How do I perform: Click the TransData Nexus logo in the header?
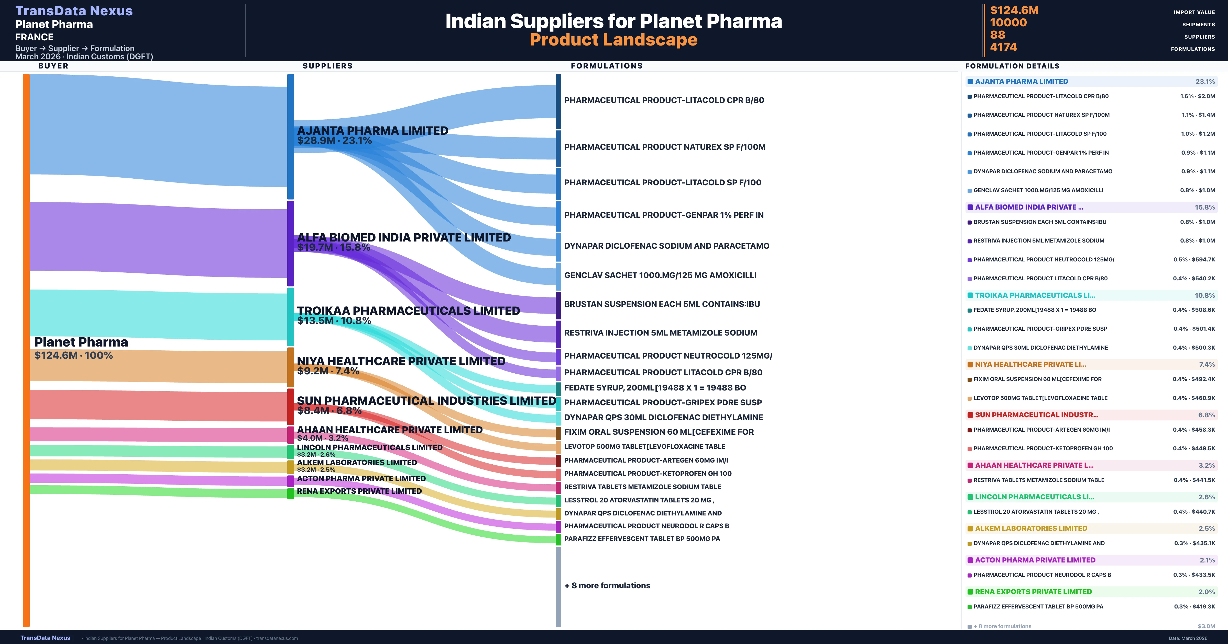pyautogui.click(x=74, y=11)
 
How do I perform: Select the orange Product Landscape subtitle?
pyautogui.click(x=613, y=40)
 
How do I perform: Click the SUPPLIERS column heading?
pyautogui.click(x=327, y=66)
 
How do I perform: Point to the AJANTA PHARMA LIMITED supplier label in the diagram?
pyautogui.click(x=372, y=131)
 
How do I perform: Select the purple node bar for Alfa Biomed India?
pyautogui.click(x=290, y=243)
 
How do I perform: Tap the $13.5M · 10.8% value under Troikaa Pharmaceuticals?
pyautogui.click(x=334, y=320)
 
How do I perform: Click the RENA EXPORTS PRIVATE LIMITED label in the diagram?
pyautogui.click(x=359, y=491)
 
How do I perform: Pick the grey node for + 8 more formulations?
pyautogui.click(x=558, y=586)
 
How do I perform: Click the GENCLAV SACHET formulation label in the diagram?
pyautogui.click(x=660, y=275)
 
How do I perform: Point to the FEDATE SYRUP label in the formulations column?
pyautogui.click(x=655, y=388)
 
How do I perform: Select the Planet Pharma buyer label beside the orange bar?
pyautogui.click(x=81, y=342)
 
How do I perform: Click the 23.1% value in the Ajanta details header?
pyautogui.click(x=1205, y=82)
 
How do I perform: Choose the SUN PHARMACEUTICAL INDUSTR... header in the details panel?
pyautogui.click(x=1036, y=415)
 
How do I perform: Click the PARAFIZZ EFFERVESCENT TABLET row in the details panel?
pyautogui.click(x=1038, y=606)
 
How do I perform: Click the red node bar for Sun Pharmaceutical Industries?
pyautogui.click(x=290, y=406)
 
